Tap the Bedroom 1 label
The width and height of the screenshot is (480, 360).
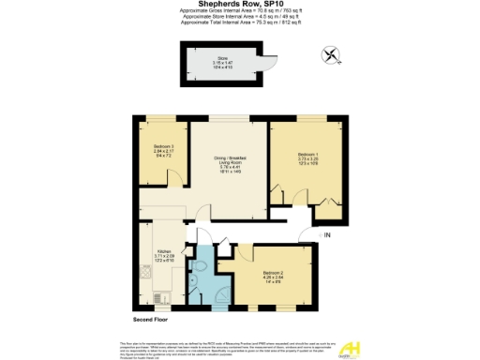pyautogui.click(x=307, y=157)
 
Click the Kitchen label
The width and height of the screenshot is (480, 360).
pyautogui.click(x=163, y=255)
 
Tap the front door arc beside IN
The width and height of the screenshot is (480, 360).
pyautogui.click(x=303, y=239)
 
